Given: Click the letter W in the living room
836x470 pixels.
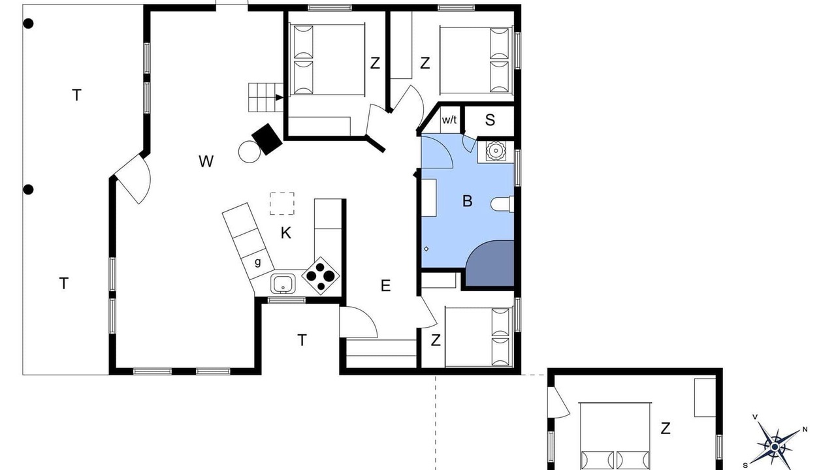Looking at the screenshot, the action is [x=206, y=161].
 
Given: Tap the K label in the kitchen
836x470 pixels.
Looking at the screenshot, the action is [x=286, y=233].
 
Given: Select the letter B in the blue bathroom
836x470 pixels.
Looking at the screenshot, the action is [x=467, y=200].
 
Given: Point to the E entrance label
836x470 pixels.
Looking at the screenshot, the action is [x=385, y=286].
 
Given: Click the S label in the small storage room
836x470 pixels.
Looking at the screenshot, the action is [x=490, y=120].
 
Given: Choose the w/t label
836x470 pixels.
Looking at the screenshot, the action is [x=449, y=119].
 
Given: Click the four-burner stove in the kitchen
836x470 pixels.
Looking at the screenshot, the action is [x=321, y=275].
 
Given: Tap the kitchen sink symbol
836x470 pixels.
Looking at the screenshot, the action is [x=283, y=284].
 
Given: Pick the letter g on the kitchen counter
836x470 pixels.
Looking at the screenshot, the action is [x=257, y=262].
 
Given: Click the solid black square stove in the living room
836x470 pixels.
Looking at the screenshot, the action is [x=267, y=139].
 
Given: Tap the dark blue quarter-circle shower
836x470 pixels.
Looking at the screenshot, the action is [x=490, y=263].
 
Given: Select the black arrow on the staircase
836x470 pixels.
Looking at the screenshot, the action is [x=279, y=97].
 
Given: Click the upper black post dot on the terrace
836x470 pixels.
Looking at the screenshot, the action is [x=28, y=24].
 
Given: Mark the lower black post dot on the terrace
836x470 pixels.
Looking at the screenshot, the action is [x=28, y=190].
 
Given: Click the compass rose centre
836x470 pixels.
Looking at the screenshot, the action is [x=775, y=446].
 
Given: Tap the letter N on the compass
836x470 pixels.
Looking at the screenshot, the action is [x=805, y=430].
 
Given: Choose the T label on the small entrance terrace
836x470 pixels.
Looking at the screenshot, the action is [x=302, y=340].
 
